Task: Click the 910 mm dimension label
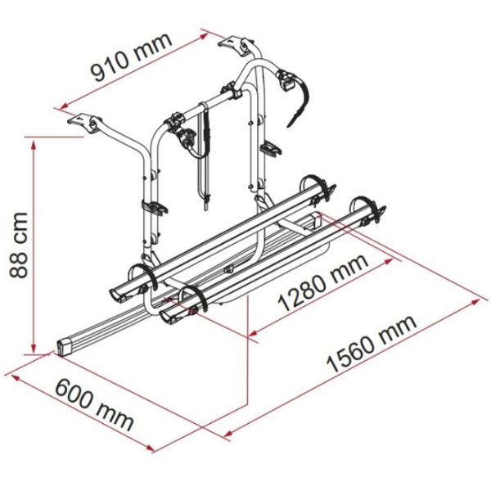(132, 56)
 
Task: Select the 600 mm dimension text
(95, 405)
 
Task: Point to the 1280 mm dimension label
(323, 282)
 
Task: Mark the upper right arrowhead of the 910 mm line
(204, 35)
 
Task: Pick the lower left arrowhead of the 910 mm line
(64, 106)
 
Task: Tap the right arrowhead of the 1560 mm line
(475, 301)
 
